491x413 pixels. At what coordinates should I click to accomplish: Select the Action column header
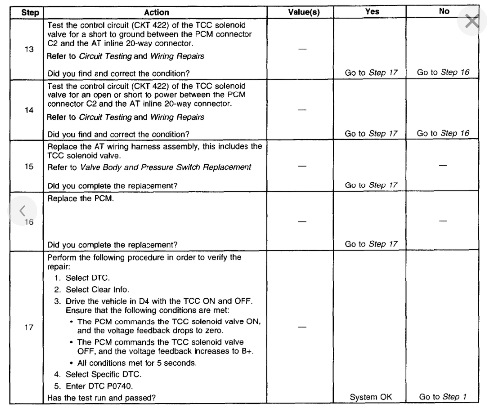click(156, 12)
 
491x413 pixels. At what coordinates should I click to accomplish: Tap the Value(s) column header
click(303, 12)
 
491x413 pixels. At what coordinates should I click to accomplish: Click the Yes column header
click(372, 11)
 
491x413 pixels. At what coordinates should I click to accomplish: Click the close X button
click(472, 22)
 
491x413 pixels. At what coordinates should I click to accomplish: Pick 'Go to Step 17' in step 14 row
click(372, 133)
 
